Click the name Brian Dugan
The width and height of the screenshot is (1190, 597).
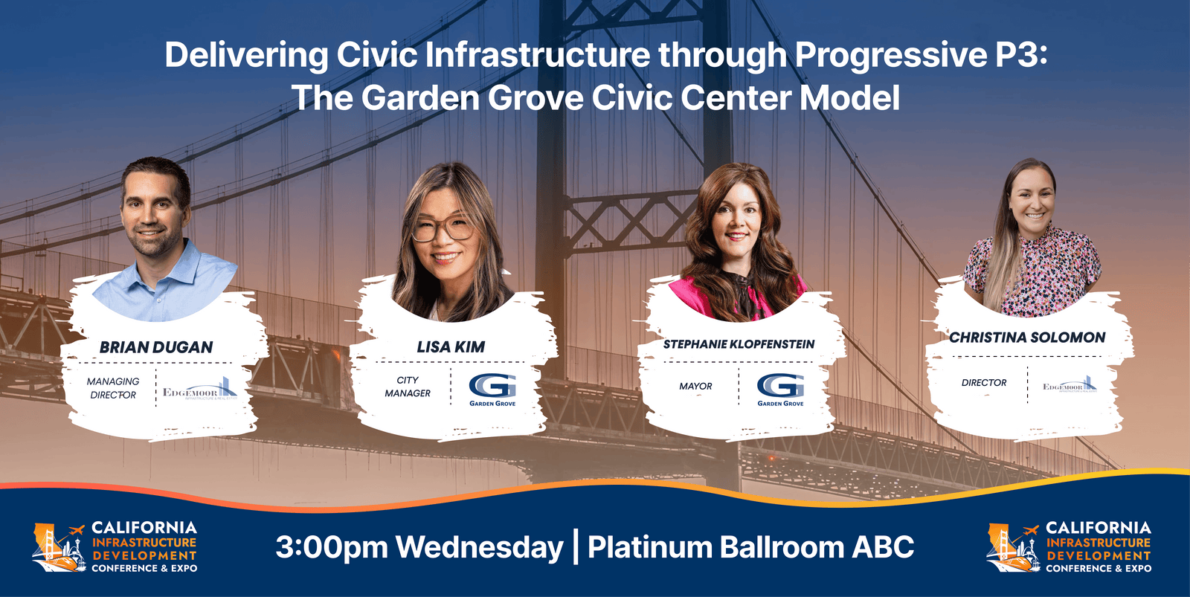point(156,347)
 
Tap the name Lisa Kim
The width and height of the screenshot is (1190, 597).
point(451,346)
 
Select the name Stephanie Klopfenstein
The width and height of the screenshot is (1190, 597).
point(739,344)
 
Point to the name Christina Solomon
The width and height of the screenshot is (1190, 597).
point(1027,338)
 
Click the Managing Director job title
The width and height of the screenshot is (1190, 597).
point(113,388)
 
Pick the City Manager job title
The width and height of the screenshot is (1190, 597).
point(408,387)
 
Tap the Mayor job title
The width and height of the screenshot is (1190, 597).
point(695,387)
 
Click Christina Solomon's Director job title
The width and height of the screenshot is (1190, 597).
point(983,383)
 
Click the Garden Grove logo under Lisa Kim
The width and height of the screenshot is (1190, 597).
point(492,389)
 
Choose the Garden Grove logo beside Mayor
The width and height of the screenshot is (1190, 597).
point(780,389)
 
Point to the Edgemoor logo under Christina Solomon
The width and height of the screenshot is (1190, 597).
point(1070,385)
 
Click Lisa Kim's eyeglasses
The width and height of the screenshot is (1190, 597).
point(443,228)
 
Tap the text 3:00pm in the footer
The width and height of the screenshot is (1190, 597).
point(331,547)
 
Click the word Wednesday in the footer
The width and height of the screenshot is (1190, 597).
point(479,547)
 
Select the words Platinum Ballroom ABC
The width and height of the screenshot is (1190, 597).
point(750,547)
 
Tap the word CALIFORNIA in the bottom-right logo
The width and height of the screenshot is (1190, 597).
point(1098,528)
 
